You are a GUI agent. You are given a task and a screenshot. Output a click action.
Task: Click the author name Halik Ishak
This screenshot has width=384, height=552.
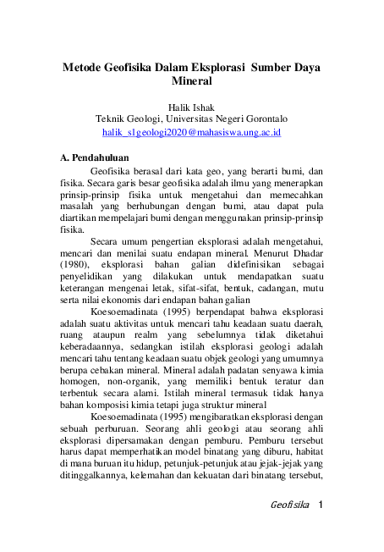(191, 108)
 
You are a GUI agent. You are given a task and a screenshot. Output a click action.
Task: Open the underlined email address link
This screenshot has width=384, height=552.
(191, 133)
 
